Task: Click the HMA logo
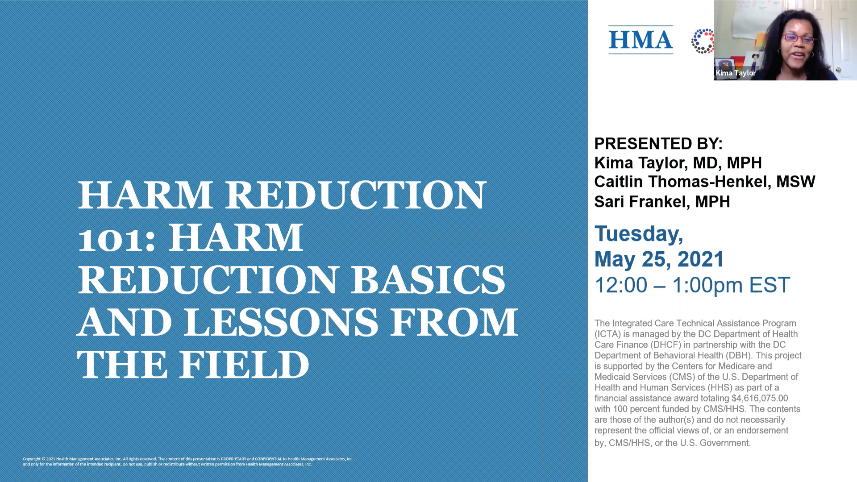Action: pyautogui.click(x=641, y=40)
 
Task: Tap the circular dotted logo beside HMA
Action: pyautogui.click(x=703, y=41)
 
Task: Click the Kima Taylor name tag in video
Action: pyautogui.click(x=736, y=73)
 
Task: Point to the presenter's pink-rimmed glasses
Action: pyautogui.click(x=799, y=38)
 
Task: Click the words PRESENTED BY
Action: pyautogui.click(x=658, y=144)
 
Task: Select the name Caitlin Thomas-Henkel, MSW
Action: pyautogui.click(x=704, y=182)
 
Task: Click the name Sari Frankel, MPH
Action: pyautogui.click(x=661, y=202)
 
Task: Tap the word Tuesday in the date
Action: pyautogui.click(x=638, y=233)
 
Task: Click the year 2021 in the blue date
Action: pyautogui.click(x=700, y=259)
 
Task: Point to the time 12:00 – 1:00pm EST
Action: pyautogui.click(x=692, y=285)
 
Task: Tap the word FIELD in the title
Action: pyautogui.click(x=245, y=365)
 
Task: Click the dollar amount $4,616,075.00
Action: pyautogui.click(x=760, y=398)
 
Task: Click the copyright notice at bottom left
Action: pyautogui.click(x=187, y=461)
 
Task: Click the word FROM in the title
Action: pyautogui.click(x=454, y=322)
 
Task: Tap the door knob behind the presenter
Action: pyautogui.click(x=839, y=69)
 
